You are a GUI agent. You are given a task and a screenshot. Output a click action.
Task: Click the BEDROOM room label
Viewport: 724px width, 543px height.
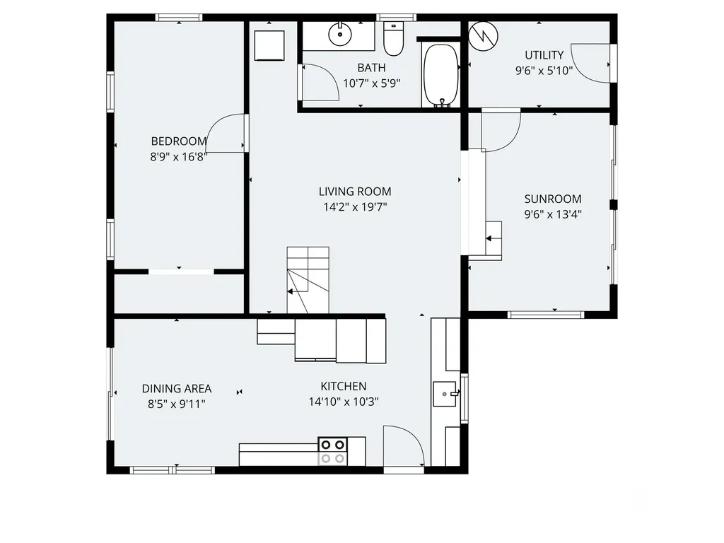(x=179, y=141)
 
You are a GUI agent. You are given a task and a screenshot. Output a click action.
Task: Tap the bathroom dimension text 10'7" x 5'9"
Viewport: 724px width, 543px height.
(x=371, y=83)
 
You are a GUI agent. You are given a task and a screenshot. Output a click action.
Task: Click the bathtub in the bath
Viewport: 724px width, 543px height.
(x=441, y=75)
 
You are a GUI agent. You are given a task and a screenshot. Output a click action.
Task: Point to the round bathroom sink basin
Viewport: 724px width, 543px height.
(x=340, y=33)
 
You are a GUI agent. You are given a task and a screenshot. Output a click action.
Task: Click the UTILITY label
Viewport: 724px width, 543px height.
(x=544, y=55)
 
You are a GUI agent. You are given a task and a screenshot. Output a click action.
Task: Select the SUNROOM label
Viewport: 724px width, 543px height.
(x=553, y=199)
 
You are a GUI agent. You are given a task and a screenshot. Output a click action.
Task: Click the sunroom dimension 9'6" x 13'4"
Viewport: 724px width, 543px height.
(x=553, y=214)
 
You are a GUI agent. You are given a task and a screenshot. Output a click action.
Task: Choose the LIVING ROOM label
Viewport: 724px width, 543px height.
(x=355, y=192)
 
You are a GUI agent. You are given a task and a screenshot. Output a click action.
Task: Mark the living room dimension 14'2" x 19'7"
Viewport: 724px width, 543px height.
(x=355, y=207)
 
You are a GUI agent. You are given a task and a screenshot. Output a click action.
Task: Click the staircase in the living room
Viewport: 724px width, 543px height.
(x=308, y=280)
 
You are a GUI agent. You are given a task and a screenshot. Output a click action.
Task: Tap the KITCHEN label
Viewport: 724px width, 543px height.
(x=344, y=387)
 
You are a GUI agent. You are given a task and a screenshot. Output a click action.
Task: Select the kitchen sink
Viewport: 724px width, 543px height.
(x=445, y=394)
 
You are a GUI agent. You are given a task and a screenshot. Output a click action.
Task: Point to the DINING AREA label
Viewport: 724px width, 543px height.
(x=176, y=389)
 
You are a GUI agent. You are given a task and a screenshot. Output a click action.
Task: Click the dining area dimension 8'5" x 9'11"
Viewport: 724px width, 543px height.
(x=176, y=404)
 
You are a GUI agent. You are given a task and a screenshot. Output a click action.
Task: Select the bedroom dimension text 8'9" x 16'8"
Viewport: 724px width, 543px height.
(x=179, y=157)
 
